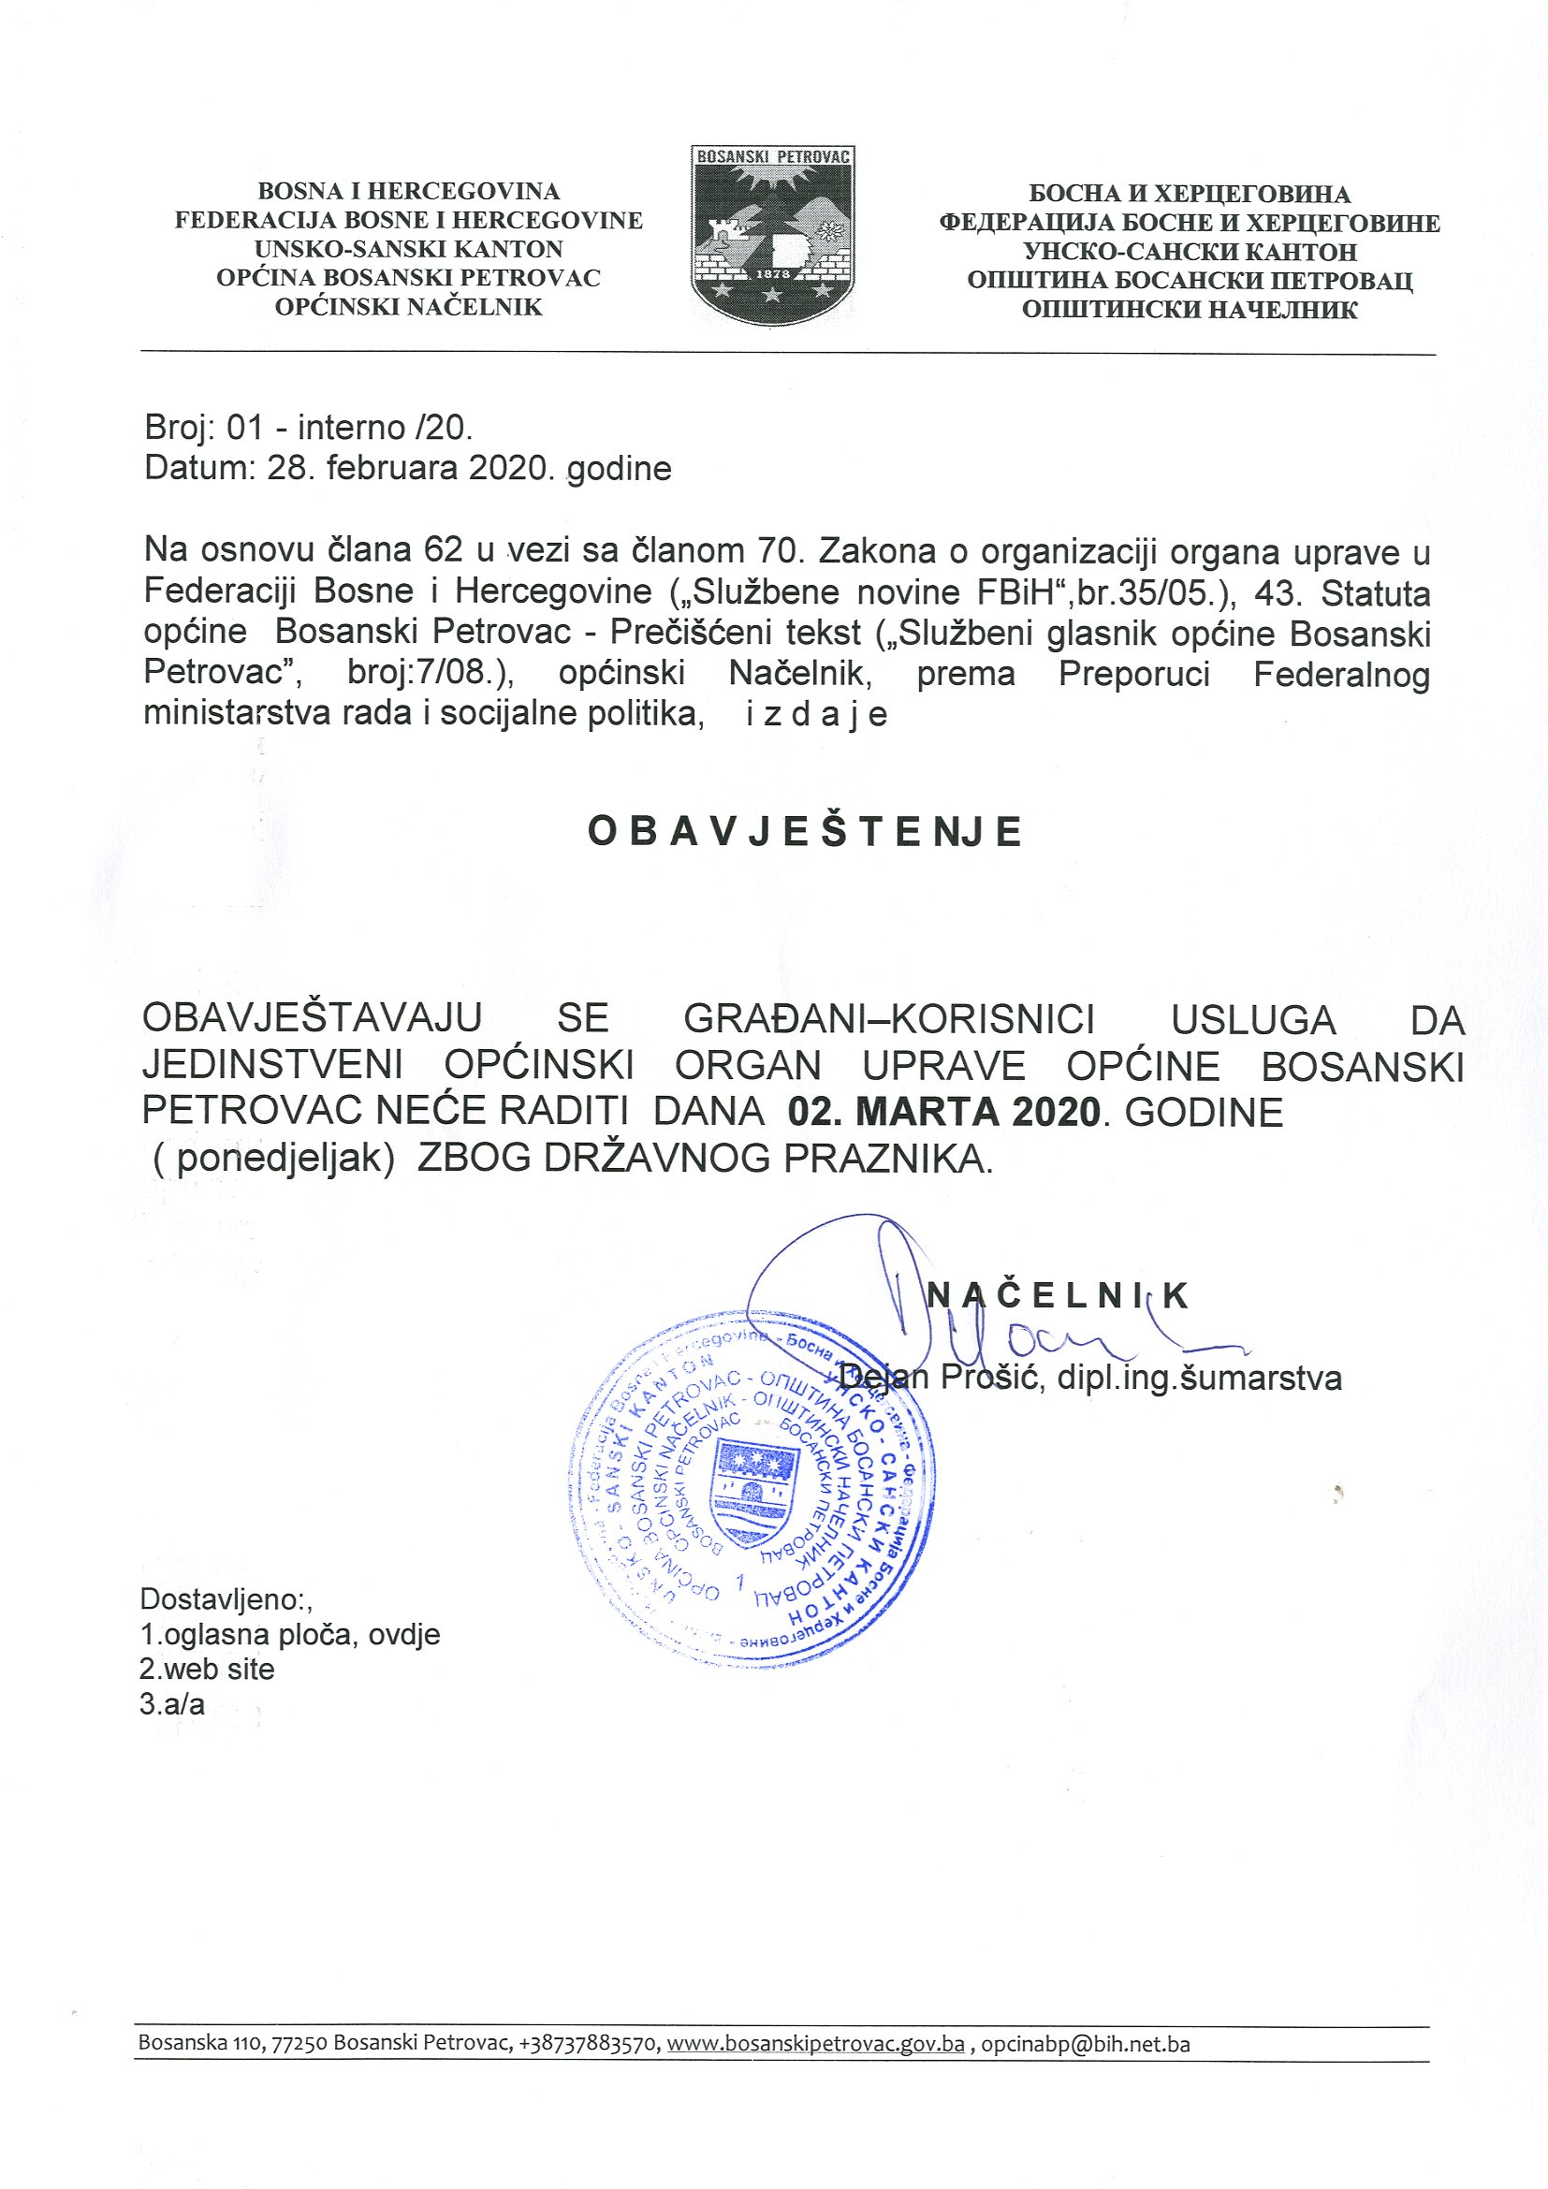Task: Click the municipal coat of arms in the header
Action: tap(772, 235)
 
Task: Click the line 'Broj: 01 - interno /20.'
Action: tap(309, 427)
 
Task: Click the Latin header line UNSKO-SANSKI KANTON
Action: tap(409, 250)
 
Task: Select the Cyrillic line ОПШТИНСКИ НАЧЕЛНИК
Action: tap(1190, 310)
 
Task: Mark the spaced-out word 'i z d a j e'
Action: tap(817, 714)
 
